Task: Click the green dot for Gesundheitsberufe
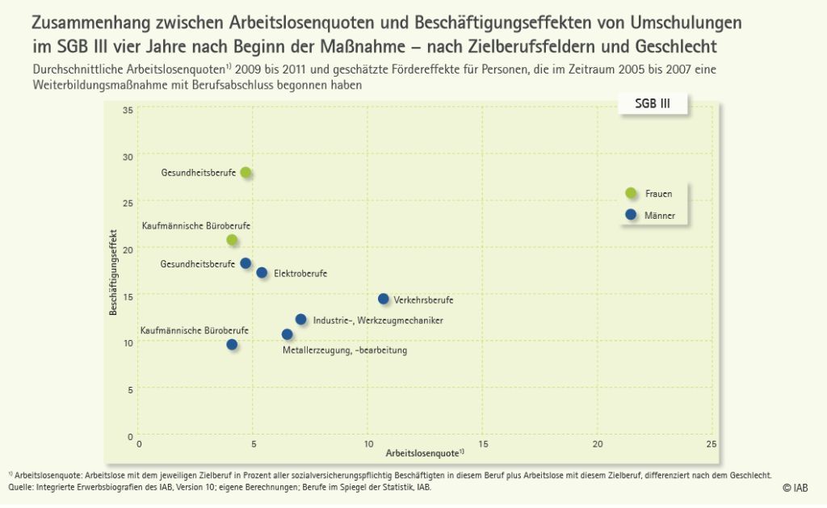[x=246, y=173]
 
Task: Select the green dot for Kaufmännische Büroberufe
[x=233, y=240]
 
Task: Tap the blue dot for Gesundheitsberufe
[x=246, y=263]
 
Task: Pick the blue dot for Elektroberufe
[x=262, y=273]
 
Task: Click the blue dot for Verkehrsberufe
[x=383, y=299]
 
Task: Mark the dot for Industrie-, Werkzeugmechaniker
[x=300, y=320]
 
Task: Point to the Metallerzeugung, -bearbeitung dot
[x=287, y=334]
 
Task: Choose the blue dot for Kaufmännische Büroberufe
[x=233, y=345]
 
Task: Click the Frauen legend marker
[x=631, y=192]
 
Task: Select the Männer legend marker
[x=631, y=215]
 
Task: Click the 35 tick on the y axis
[x=128, y=110]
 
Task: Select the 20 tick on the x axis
[x=597, y=444]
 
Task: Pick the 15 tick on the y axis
[x=128, y=296]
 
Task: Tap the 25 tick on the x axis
[x=711, y=444]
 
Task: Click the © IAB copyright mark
[x=794, y=488]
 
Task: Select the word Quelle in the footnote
[x=22, y=487]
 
